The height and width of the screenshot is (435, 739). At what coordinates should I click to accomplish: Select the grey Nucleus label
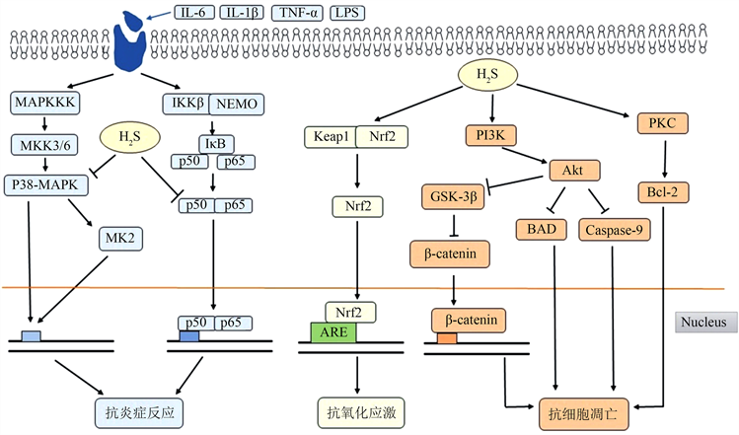(703, 322)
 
